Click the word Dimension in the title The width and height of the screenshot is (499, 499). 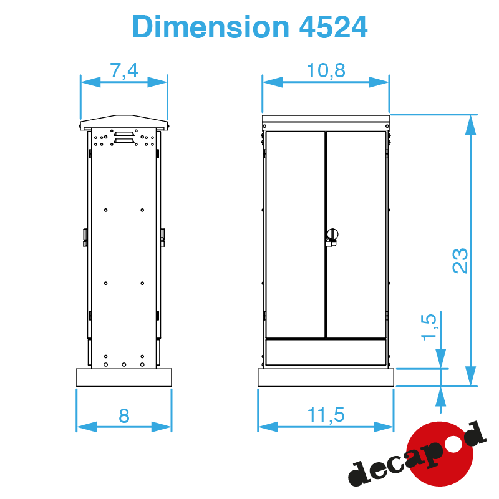(x=211, y=27)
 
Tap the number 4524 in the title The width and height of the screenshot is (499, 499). (x=334, y=27)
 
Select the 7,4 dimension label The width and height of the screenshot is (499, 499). (x=124, y=70)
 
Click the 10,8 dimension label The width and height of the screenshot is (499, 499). (x=326, y=70)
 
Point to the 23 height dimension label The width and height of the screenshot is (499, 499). (x=460, y=260)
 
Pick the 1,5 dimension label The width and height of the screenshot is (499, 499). (x=429, y=327)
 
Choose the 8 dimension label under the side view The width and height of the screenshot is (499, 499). (x=124, y=415)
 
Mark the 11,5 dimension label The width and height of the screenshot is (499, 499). (x=326, y=415)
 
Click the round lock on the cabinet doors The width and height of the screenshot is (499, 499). (x=332, y=235)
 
